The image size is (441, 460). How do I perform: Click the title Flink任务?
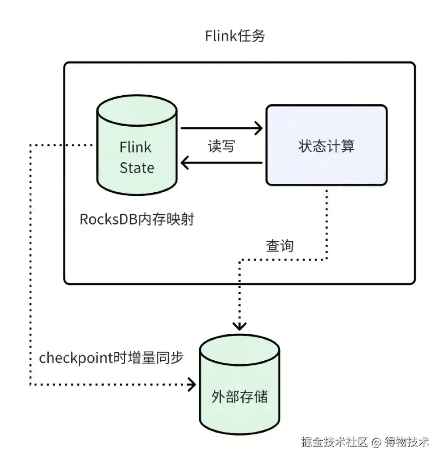(x=235, y=36)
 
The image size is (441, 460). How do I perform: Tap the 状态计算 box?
(x=326, y=146)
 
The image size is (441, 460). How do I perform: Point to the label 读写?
(x=221, y=146)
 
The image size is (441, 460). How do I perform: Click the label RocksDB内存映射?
(x=137, y=220)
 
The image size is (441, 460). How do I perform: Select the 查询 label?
(x=279, y=246)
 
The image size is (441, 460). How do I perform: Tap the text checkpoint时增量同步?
(x=111, y=358)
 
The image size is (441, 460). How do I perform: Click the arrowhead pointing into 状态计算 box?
(x=258, y=128)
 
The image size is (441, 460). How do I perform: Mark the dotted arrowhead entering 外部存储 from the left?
(x=192, y=385)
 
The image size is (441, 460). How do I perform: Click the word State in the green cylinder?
(x=137, y=168)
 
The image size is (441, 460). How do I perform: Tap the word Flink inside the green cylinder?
(x=135, y=147)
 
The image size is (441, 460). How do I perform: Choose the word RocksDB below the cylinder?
(x=108, y=220)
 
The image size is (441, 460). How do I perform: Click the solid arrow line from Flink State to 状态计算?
(x=220, y=128)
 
